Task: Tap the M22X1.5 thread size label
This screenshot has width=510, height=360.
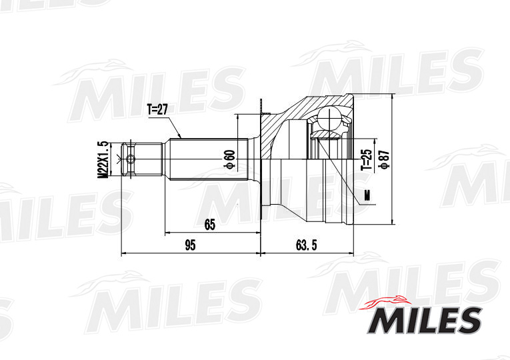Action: tap(103, 159)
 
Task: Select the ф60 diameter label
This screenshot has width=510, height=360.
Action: tap(230, 159)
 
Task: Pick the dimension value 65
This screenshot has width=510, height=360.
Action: tap(210, 225)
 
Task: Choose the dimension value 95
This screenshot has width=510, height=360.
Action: tap(190, 245)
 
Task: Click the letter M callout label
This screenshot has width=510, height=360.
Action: tap(365, 195)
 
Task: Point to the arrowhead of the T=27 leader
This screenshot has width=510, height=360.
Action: tap(179, 137)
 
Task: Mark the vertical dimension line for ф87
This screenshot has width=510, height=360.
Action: tap(394, 159)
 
